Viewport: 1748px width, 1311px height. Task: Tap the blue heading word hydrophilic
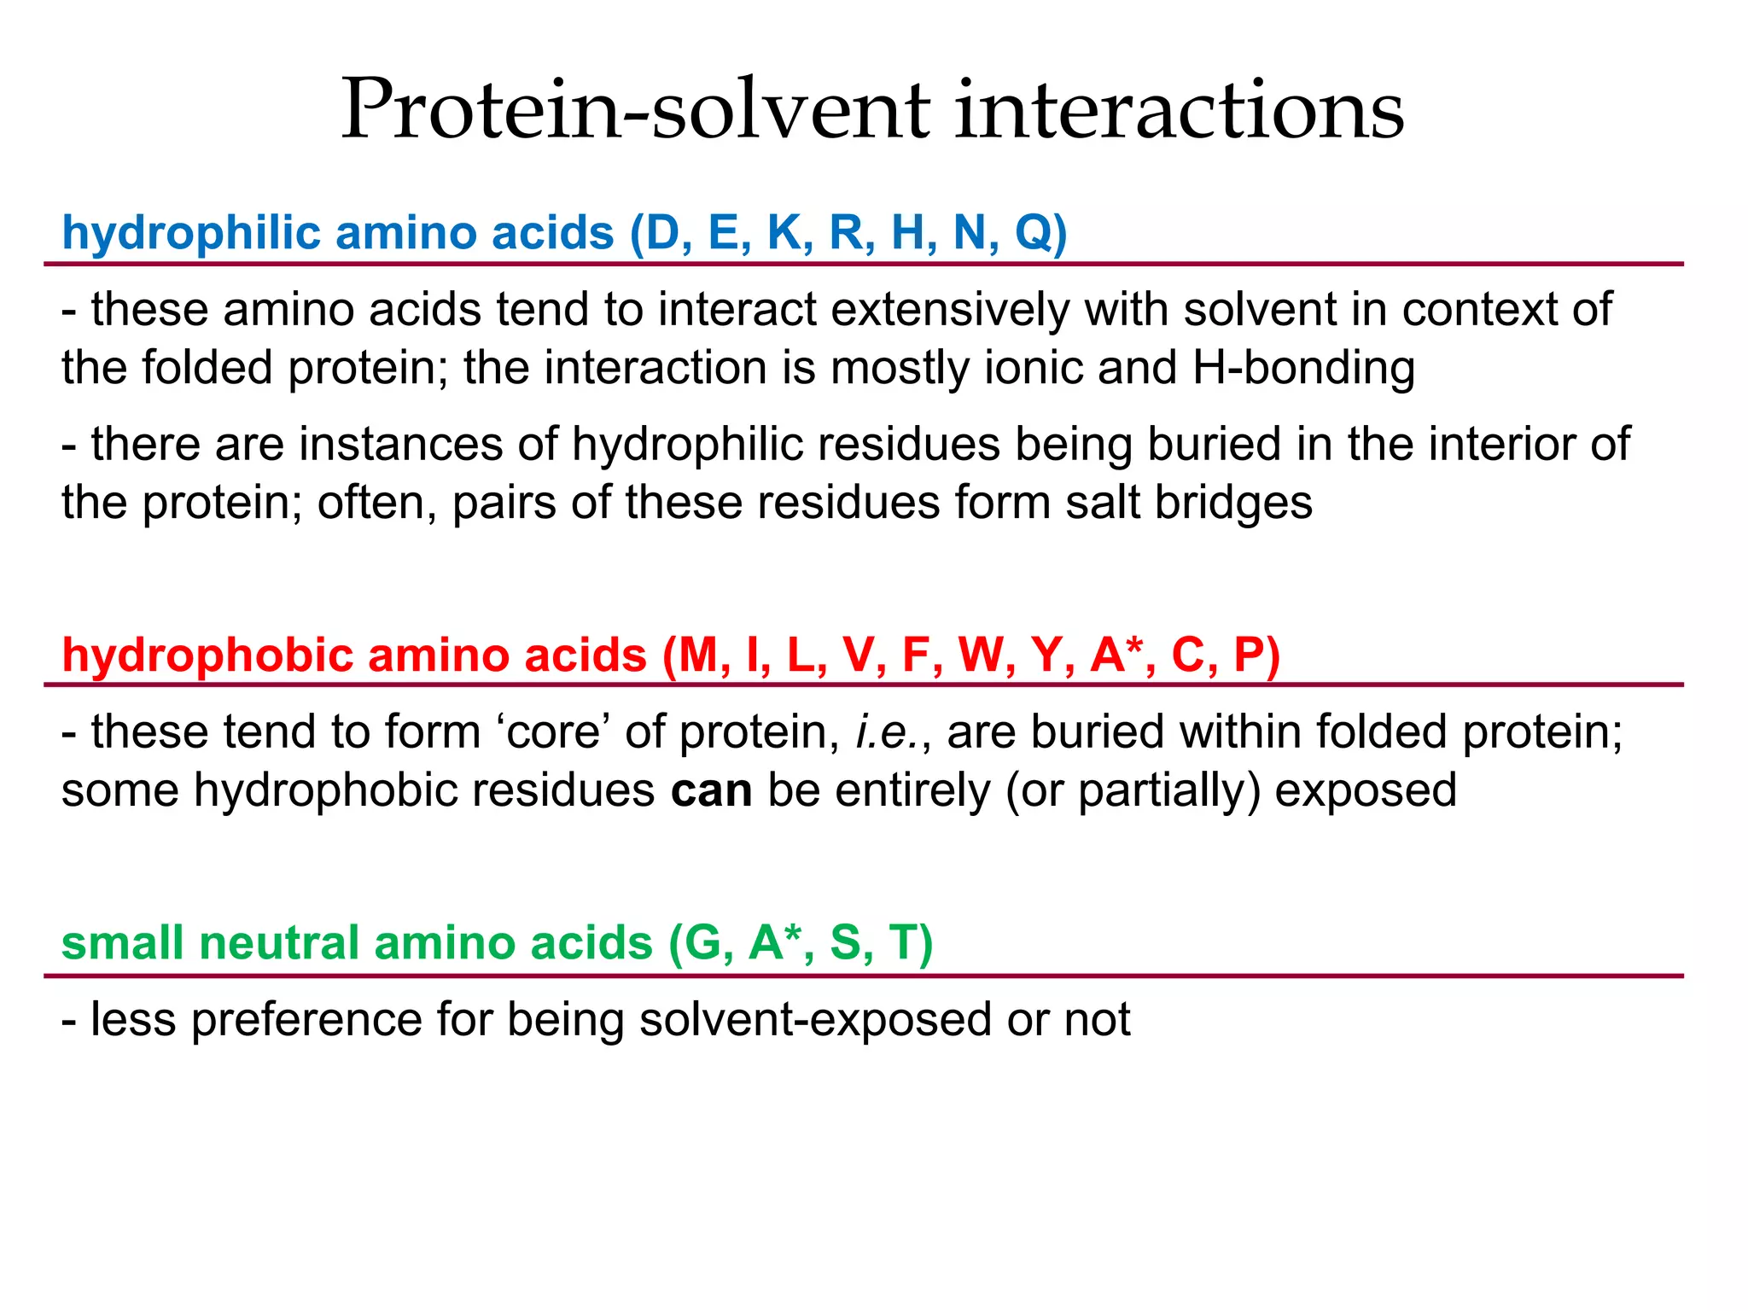point(191,232)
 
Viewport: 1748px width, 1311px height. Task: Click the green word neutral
point(279,943)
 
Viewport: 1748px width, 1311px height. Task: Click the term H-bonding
point(1303,368)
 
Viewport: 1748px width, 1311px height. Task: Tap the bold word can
point(711,790)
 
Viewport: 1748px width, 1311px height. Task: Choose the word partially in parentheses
point(1168,790)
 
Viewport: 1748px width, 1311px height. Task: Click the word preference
point(306,1020)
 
